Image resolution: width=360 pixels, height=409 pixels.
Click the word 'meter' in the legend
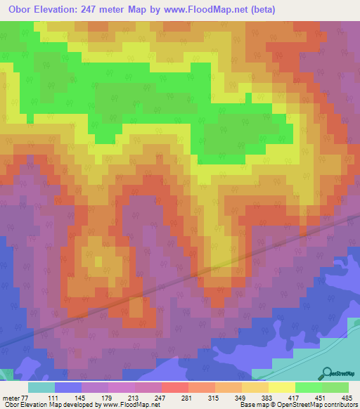(11, 398)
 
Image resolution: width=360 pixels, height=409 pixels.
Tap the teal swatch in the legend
(41, 387)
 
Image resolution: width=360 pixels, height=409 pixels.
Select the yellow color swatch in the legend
(281, 387)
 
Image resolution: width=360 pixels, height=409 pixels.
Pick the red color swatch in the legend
(174, 387)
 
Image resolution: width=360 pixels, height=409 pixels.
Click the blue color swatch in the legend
(67, 387)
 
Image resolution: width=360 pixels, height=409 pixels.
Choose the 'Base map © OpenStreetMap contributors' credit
(297, 405)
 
